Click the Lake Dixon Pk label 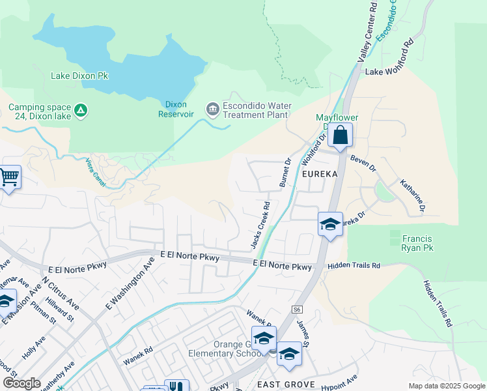click(79, 76)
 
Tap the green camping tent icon click(80, 111)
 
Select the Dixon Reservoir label click(176, 108)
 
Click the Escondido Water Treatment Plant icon click(212, 108)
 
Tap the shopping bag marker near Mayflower click(340, 136)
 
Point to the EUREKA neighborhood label click(319, 175)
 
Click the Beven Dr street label click(363, 163)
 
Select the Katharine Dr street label click(412, 196)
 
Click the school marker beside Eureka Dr click(330, 225)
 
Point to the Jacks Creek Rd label click(260, 225)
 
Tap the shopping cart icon click(8, 177)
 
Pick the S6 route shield click(297, 310)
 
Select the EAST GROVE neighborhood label click(285, 384)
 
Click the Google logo click(22, 383)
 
